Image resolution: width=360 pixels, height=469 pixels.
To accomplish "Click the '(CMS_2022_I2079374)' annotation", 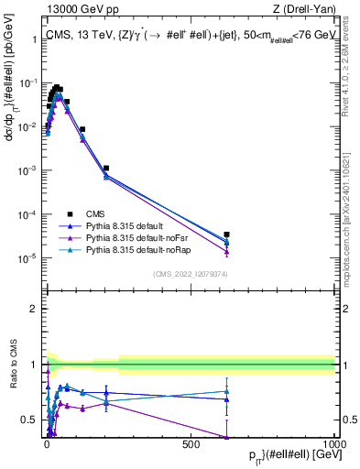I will click(x=190, y=273).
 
